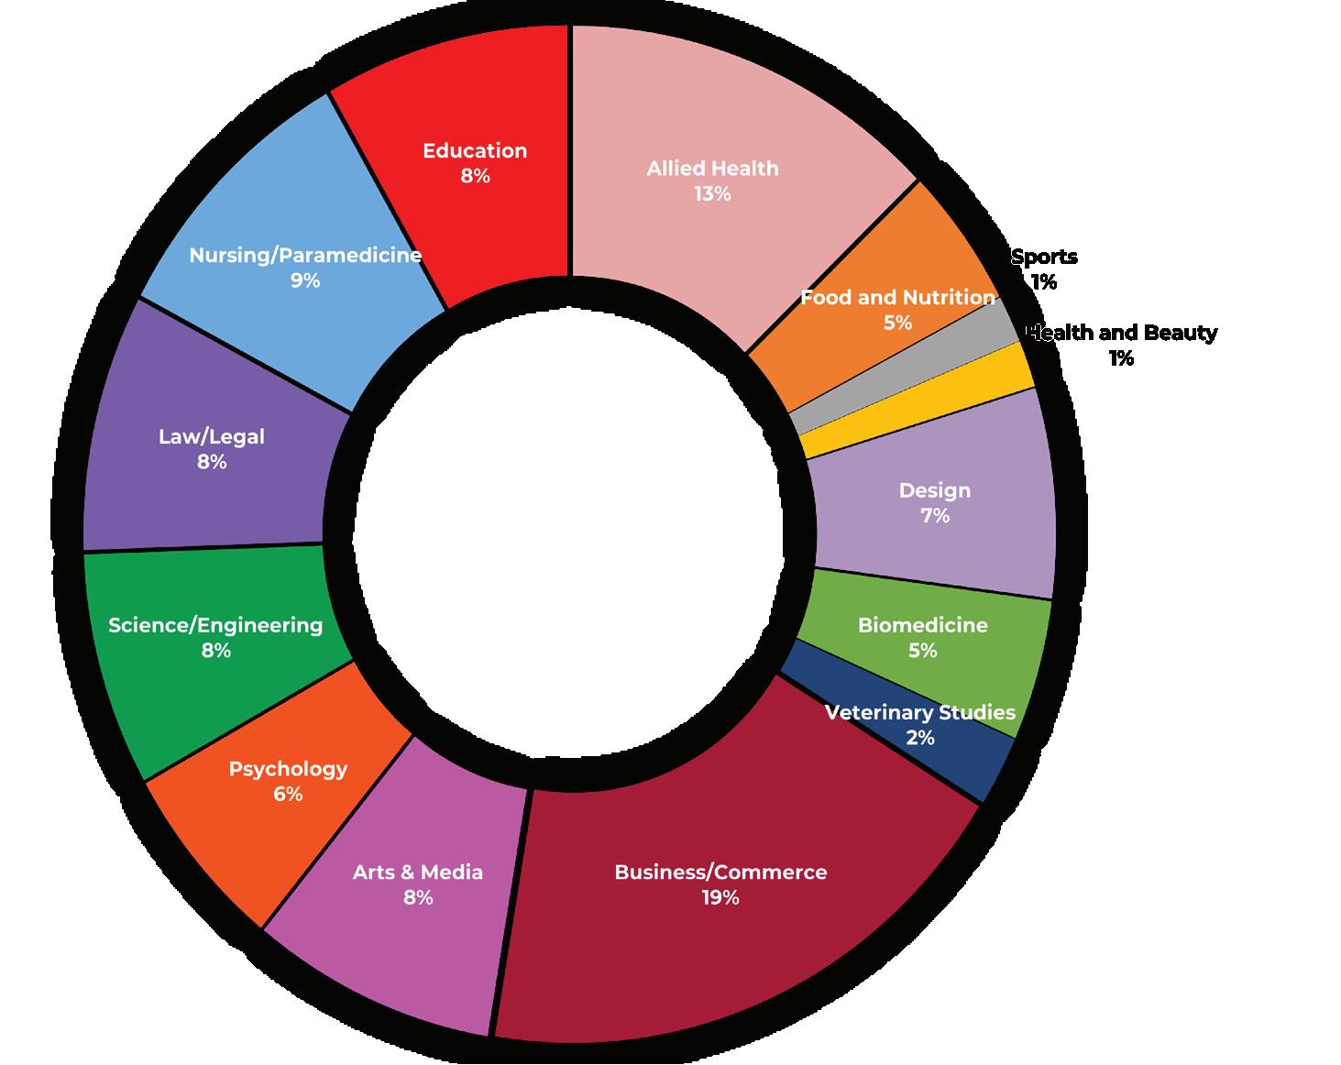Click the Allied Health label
(x=712, y=169)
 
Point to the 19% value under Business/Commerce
(x=720, y=898)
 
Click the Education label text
(x=475, y=151)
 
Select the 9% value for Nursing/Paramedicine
(x=305, y=281)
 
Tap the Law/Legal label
(x=212, y=437)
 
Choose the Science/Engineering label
(x=215, y=625)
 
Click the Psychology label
(x=288, y=769)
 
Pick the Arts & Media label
(x=418, y=873)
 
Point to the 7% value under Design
(x=935, y=516)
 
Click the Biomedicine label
(x=923, y=625)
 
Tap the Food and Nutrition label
(x=898, y=298)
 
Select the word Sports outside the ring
(x=1045, y=258)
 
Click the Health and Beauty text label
(x=1122, y=333)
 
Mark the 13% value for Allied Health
(x=712, y=194)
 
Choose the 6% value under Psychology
(x=288, y=795)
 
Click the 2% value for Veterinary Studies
(x=920, y=738)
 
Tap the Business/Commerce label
(x=720, y=873)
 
